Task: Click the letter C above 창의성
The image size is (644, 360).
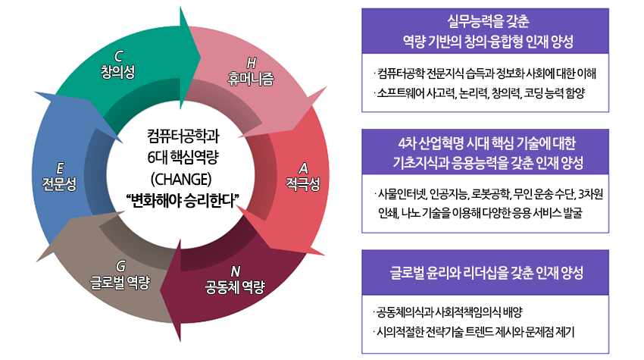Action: coord(119,56)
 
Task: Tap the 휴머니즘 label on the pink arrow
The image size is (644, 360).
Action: coord(251,79)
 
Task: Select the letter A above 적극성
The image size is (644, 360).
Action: coord(303,168)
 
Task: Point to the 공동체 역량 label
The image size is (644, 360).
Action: coord(235,286)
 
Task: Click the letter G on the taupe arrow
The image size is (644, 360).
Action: coord(120,266)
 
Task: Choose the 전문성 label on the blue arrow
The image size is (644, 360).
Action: coord(60,183)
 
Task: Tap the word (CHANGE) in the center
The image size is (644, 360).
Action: coord(181,180)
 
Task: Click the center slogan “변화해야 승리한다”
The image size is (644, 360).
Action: coord(183,201)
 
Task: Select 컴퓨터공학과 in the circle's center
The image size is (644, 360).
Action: coord(183,136)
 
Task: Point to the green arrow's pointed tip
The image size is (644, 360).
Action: coord(201,58)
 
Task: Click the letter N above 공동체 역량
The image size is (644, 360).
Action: coord(236,271)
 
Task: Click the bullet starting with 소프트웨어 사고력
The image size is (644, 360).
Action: coord(480,93)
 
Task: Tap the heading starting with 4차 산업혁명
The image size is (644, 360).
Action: coord(487,143)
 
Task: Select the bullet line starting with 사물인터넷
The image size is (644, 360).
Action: coord(489,194)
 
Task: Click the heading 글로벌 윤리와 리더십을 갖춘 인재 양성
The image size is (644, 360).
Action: coord(486,273)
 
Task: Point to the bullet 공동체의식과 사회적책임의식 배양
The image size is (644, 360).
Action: coord(448,312)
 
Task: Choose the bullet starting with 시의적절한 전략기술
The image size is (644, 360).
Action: coord(474,332)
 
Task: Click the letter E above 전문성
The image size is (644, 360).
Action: coord(60,168)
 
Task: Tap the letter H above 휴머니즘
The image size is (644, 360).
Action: coord(252,63)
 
